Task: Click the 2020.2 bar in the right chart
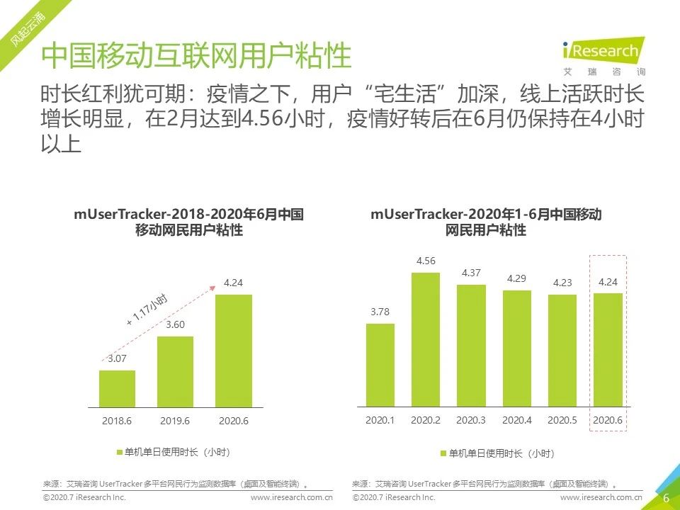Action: click(x=425, y=339)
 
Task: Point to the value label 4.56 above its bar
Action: click(x=426, y=261)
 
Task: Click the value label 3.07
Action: click(x=118, y=358)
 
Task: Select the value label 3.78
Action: click(x=380, y=312)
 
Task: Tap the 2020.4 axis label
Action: click(x=516, y=420)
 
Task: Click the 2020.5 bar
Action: click(x=562, y=351)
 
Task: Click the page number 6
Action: click(x=666, y=498)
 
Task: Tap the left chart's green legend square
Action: click(x=118, y=452)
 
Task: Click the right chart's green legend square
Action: click(x=443, y=453)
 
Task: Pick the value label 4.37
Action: click(x=471, y=273)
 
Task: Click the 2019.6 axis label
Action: click(x=175, y=420)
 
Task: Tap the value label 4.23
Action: click(x=562, y=283)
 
